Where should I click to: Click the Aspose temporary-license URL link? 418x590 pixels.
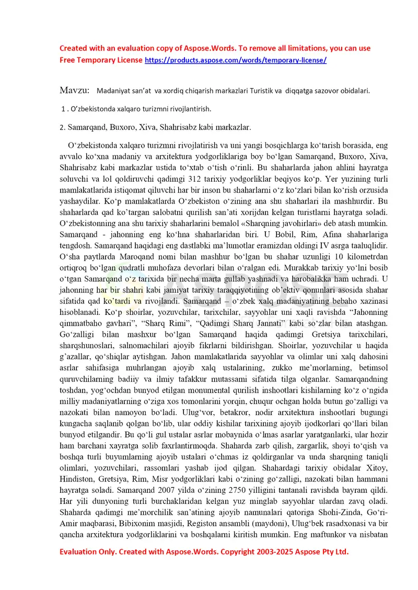pyautogui.click(x=236, y=60)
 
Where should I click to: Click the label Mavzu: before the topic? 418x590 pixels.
pyautogui.click(x=74, y=90)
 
